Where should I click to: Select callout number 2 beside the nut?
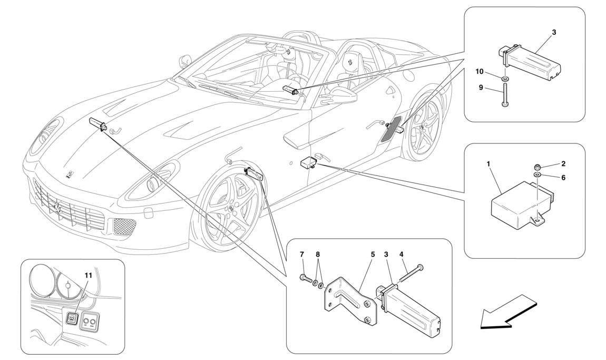click(x=563, y=164)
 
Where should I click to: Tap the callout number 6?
click(x=563, y=178)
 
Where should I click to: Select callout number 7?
click(x=302, y=255)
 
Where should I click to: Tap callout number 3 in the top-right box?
click(x=554, y=32)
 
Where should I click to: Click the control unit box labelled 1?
click(x=519, y=206)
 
